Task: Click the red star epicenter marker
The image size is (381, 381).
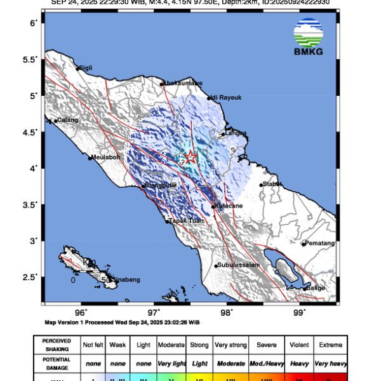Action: pos(190,157)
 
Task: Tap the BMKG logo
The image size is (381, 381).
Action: pos(309,37)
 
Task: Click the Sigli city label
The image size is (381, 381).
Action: pos(86,68)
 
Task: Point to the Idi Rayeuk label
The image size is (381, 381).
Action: pos(226,98)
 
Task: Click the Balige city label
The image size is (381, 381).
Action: pos(315,288)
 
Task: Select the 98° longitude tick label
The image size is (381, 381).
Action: pos(227,312)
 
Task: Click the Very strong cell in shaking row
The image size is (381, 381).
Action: pos(230,345)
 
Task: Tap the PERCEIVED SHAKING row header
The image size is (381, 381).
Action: pos(57,345)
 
